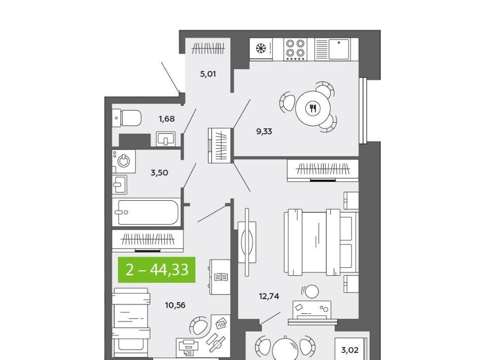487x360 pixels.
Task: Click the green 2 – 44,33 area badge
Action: click(x=157, y=270)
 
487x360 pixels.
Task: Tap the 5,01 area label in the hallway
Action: click(x=208, y=74)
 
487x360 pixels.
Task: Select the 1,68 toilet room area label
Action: click(x=166, y=119)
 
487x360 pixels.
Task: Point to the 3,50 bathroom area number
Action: click(x=159, y=172)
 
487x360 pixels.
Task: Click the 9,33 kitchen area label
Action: click(x=264, y=132)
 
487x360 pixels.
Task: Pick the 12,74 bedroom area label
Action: click(x=269, y=297)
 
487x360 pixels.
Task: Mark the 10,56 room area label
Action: click(x=175, y=305)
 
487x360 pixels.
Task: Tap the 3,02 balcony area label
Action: click(x=350, y=350)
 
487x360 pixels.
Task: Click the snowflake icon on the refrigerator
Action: click(x=261, y=48)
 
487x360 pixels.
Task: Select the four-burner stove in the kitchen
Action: click(x=295, y=49)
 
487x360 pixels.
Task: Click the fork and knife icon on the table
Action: click(x=313, y=109)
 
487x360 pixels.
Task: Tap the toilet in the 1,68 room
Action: click(x=127, y=118)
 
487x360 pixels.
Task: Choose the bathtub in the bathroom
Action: click(x=146, y=212)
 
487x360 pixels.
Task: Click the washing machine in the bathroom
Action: click(x=124, y=161)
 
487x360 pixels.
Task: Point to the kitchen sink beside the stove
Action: click(x=337, y=49)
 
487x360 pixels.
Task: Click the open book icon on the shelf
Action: click(x=221, y=277)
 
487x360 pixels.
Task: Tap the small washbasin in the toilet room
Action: click(x=166, y=139)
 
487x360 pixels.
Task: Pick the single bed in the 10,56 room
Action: click(x=131, y=323)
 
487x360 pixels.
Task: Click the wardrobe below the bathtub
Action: click(x=148, y=240)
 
